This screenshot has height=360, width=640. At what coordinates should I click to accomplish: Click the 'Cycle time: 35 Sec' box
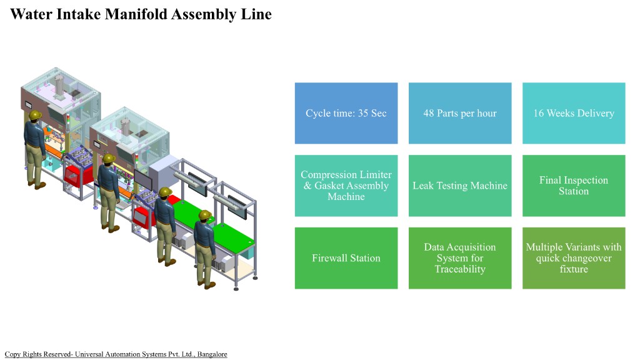point(346,113)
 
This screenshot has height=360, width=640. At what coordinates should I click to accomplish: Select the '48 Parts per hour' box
point(459,113)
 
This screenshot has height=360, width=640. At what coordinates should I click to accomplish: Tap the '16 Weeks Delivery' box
point(573,113)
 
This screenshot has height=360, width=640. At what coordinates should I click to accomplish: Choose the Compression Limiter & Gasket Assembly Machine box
point(346,186)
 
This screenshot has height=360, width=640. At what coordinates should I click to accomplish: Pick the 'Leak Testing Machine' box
point(459,186)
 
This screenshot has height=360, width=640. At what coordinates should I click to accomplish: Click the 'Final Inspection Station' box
point(573,186)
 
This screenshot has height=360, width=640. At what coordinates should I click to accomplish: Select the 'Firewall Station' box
point(346,258)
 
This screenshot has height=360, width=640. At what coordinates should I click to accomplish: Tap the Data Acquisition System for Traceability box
point(459,258)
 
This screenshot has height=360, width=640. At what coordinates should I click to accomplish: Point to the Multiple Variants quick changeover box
point(573,258)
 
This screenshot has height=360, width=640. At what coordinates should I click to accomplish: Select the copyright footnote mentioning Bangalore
point(116,354)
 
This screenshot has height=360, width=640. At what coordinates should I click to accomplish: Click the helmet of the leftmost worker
point(35,116)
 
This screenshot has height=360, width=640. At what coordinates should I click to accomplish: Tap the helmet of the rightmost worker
point(204,216)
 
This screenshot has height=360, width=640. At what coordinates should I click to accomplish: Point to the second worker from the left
point(110,187)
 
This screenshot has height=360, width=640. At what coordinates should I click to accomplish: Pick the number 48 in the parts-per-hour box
point(429,113)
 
